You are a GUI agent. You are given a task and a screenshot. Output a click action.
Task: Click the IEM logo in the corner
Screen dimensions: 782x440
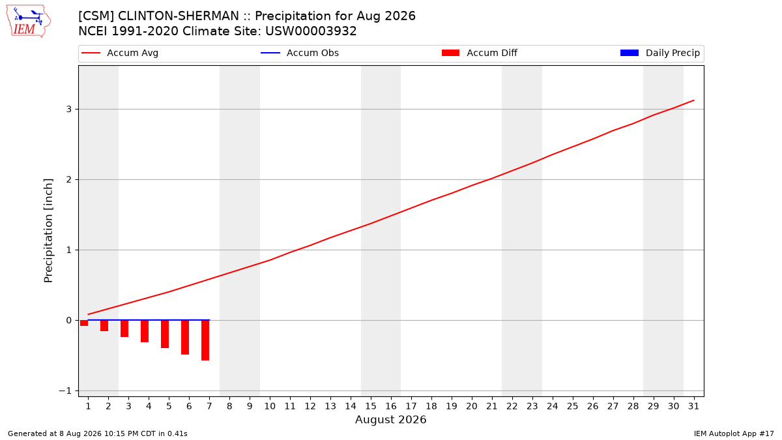click(29, 22)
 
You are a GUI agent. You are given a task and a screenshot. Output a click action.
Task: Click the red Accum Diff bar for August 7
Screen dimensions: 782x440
click(205, 340)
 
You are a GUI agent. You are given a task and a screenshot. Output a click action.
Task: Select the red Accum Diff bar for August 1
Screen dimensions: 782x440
click(84, 323)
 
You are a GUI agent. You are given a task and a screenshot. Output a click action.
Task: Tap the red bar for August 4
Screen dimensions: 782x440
click(145, 331)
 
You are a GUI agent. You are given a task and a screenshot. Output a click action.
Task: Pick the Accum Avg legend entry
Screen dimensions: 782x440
click(120, 53)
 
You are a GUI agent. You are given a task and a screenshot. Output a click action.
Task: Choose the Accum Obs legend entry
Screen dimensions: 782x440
click(300, 53)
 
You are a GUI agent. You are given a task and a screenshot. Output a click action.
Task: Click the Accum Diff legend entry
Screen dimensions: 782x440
click(480, 53)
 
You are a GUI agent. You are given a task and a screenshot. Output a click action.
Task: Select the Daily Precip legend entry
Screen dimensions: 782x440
click(660, 53)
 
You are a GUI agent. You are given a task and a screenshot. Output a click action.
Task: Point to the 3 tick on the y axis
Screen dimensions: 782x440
click(69, 110)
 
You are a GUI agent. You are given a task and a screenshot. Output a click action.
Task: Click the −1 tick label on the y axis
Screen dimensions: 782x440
click(65, 390)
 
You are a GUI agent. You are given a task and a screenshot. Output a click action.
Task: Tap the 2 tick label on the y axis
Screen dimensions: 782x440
click(69, 179)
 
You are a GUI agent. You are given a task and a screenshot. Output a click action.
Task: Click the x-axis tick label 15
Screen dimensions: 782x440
click(371, 406)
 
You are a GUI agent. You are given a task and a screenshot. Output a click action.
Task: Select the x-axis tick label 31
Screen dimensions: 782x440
click(693, 406)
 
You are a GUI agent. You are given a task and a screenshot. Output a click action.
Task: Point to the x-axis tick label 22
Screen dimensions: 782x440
click(512, 406)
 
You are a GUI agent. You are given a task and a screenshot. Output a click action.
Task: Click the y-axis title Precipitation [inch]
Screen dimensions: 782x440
click(48, 231)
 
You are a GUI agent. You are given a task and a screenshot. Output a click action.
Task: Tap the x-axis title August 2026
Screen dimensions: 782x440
click(390, 419)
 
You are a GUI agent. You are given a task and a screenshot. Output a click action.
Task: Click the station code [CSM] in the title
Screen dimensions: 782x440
click(96, 16)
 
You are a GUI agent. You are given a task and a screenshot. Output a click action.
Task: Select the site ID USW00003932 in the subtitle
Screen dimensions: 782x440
click(311, 31)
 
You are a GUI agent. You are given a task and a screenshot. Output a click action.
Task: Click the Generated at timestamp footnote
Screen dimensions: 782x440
click(97, 433)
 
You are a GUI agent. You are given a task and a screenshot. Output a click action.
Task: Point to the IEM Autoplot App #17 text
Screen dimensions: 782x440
click(734, 433)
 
